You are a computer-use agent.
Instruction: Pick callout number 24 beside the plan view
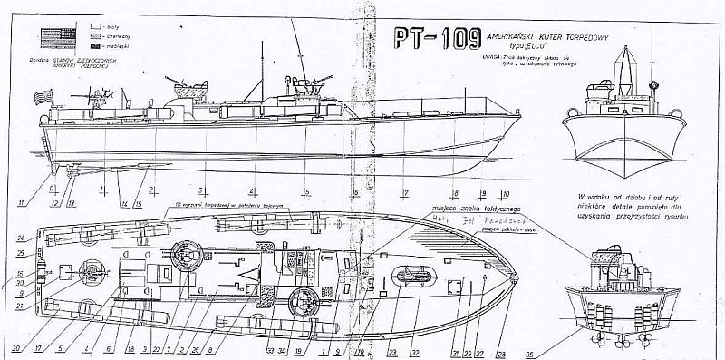(x=20, y=238)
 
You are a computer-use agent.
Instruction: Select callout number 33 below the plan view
(x=269, y=349)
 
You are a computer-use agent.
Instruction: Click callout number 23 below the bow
(x=391, y=349)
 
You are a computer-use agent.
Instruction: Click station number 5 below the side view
(x=307, y=191)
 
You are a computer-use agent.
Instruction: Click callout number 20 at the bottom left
(x=14, y=349)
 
